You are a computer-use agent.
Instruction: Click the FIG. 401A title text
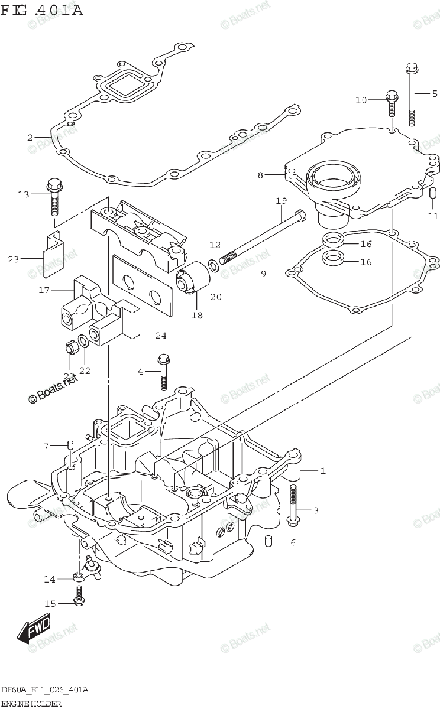(42, 10)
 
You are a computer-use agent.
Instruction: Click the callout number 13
(23, 194)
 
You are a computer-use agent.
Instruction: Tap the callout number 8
(260, 175)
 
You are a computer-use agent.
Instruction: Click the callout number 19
(281, 201)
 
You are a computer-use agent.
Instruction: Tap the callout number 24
(161, 336)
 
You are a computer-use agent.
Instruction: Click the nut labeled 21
(72, 347)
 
